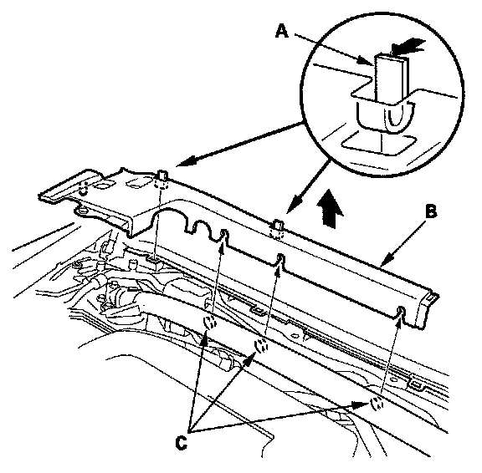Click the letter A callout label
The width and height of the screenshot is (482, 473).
point(282,32)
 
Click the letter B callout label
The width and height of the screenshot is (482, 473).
point(431,211)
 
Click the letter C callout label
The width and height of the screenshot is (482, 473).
point(181,443)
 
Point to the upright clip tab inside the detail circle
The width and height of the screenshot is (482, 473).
point(390,79)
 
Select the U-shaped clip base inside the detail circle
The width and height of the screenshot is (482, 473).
point(386,115)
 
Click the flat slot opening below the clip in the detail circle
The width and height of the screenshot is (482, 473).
point(378,142)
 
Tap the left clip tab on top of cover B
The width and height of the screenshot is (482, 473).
point(162,175)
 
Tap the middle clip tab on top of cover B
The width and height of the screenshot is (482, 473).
point(278,225)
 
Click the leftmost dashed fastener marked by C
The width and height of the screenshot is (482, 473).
point(210,323)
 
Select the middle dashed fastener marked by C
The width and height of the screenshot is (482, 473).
point(262,346)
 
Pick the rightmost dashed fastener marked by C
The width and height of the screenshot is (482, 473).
point(377,403)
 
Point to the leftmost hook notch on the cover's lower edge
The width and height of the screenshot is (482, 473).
point(223,235)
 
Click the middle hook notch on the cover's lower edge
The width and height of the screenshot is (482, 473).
point(280,259)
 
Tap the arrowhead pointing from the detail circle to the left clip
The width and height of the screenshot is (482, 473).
point(187,161)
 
